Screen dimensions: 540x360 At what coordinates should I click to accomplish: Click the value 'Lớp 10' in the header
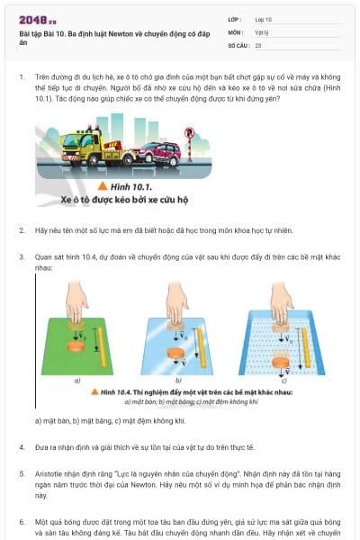[x=264, y=19]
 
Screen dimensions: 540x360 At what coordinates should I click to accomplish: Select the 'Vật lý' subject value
[x=262, y=31]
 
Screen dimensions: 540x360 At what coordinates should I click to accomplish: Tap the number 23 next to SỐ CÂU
[x=258, y=44]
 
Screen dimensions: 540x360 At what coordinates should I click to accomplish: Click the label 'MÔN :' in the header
[x=236, y=31]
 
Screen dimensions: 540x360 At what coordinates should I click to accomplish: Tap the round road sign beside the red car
[x=189, y=134]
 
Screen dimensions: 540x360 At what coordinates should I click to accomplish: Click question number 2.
[x=22, y=230]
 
